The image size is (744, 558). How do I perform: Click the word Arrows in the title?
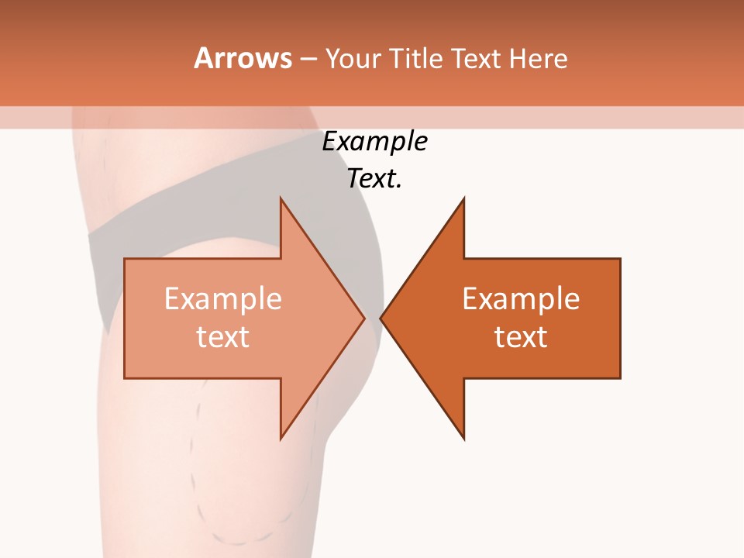tap(242, 58)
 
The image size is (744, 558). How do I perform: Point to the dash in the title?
tap(308, 59)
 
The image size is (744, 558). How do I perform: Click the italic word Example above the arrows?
tap(374, 142)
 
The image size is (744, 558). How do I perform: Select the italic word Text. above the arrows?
tap(374, 179)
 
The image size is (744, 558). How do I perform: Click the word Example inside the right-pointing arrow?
tap(222, 299)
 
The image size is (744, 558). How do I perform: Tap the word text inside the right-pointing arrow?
tap(222, 337)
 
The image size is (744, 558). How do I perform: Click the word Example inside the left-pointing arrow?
tap(521, 299)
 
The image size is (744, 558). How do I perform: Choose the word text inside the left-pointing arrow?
tap(521, 337)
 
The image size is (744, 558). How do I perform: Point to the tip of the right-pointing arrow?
tap(363, 318)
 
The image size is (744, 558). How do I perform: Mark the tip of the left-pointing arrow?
tap(382, 318)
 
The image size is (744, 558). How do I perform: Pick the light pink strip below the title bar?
tap(542, 117)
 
